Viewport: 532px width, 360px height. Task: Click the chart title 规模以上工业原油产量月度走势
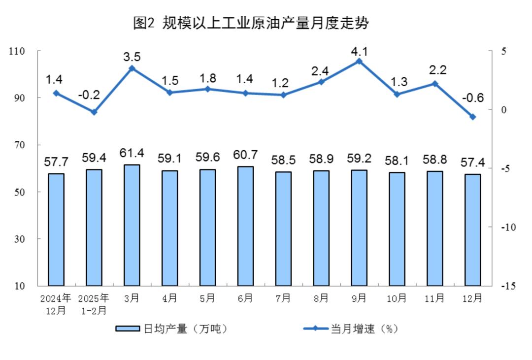pyautogui.click(x=266, y=23)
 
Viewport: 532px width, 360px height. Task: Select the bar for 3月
pyautogui.click(x=132, y=225)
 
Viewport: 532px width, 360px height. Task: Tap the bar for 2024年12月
pyautogui.click(x=56, y=229)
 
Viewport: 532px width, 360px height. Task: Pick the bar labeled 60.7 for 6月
pyautogui.click(x=245, y=226)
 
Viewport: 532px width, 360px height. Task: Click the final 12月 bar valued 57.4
pyautogui.click(x=472, y=230)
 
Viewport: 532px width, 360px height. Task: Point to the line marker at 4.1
pyautogui.click(x=359, y=62)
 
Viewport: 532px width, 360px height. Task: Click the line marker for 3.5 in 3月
pyautogui.click(x=132, y=68)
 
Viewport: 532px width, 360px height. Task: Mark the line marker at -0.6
pyautogui.click(x=472, y=117)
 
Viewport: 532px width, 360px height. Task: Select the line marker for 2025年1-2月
pyautogui.click(x=94, y=112)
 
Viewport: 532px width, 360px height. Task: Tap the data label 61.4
pyautogui.click(x=132, y=153)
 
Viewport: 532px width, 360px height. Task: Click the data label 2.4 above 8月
pyautogui.click(x=320, y=71)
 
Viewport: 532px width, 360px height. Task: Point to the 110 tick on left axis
pyautogui.click(x=17, y=51)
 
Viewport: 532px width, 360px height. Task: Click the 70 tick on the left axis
pyautogui.click(x=20, y=145)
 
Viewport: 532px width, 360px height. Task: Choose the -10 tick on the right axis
pyautogui.click(x=508, y=228)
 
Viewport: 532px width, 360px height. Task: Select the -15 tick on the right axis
pyautogui.click(x=508, y=286)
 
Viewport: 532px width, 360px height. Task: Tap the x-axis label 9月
pyautogui.click(x=359, y=298)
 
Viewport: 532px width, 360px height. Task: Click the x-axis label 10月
pyautogui.click(x=397, y=298)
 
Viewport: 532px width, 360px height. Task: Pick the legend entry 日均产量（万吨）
pyautogui.click(x=171, y=329)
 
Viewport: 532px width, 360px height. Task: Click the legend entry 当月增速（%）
pyautogui.click(x=351, y=329)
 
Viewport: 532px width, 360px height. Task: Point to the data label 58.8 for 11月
pyautogui.click(x=434, y=160)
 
